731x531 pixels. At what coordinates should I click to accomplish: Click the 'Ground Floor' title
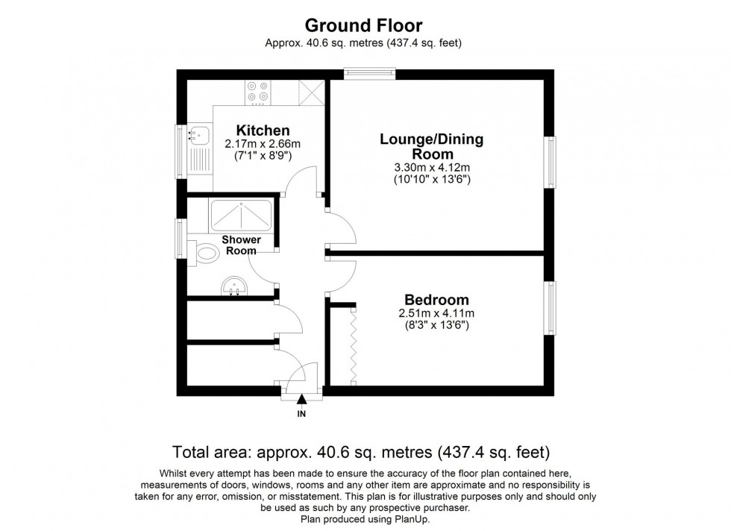pyautogui.click(x=364, y=25)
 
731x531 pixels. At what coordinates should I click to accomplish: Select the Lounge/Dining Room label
pyautogui.click(x=431, y=145)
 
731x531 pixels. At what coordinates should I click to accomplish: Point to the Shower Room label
pyautogui.click(x=242, y=245)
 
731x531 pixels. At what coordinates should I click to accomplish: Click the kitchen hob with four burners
pyautogui.click(x=257, y=91)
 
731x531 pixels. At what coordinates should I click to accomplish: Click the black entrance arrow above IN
pyautogui.click(x=301, y=400)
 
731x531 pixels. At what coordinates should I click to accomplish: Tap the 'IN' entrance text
pyautogui.click(x=301, y=413)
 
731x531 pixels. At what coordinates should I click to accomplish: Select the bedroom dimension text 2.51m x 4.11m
pyautogui.click(x=436, y=313)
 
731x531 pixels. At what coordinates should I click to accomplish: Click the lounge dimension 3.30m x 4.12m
pyautogui.click(x=431, y=168)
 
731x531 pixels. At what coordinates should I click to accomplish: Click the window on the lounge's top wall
pyautogui.click(x=368, y=72)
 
